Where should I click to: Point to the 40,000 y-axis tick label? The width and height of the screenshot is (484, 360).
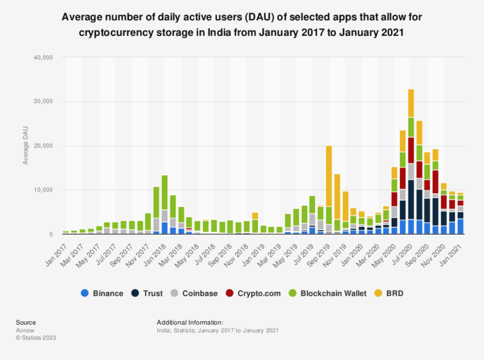[x=43, y=58]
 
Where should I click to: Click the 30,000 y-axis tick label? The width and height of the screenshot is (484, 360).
[x=43, y=101]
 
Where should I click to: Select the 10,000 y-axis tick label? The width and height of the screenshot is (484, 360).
[x=43, y=190]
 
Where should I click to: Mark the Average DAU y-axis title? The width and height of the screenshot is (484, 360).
[x=25, y=146]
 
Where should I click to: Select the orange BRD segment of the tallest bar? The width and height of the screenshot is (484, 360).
[x=411, y=103]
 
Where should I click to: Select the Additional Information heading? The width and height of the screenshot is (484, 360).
[x=190, y=322]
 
